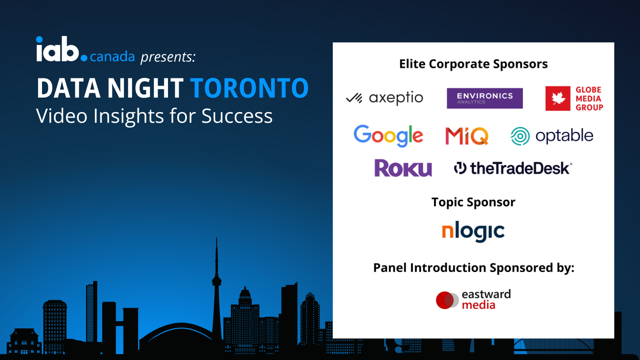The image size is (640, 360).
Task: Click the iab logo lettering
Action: tap(58, 50)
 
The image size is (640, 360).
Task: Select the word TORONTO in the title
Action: tap(249, 88)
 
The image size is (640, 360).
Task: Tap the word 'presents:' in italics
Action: tap(168, 57)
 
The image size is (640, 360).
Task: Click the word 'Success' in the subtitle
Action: tap(237, 116)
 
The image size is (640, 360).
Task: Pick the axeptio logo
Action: tap(384, 98)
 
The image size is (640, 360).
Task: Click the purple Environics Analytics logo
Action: tap(484, 98)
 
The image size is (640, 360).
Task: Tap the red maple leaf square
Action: tap(558, 98)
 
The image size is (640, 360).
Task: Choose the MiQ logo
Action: tap(466, 136)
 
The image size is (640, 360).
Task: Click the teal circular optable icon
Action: tap(520, 136)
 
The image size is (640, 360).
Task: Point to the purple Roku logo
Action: tap(403, 168)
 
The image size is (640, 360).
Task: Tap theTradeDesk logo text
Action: tap(519, 168)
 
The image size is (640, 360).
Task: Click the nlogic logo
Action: tap(473, 232)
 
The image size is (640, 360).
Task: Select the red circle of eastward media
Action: tap(444, 300)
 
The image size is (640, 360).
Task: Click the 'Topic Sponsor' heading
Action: tap(473, 202)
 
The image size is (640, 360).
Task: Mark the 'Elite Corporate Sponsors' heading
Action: tap(473, 64)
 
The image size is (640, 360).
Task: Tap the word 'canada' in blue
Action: tap(112, 57)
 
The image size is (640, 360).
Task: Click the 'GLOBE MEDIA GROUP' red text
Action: tap(589, 99)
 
